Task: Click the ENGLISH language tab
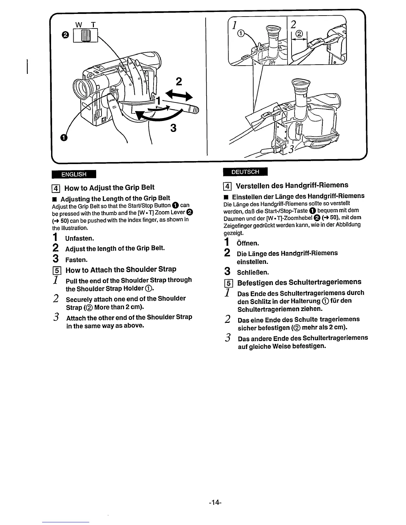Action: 73,174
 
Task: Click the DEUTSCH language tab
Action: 245,172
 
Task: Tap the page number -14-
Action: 215,502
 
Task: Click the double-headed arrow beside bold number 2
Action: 179,96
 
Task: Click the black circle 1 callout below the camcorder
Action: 64,138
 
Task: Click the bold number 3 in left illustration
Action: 172,128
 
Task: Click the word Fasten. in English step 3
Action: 77,260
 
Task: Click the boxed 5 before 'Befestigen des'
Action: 229,283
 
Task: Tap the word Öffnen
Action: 248,244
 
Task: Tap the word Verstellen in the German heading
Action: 252,185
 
